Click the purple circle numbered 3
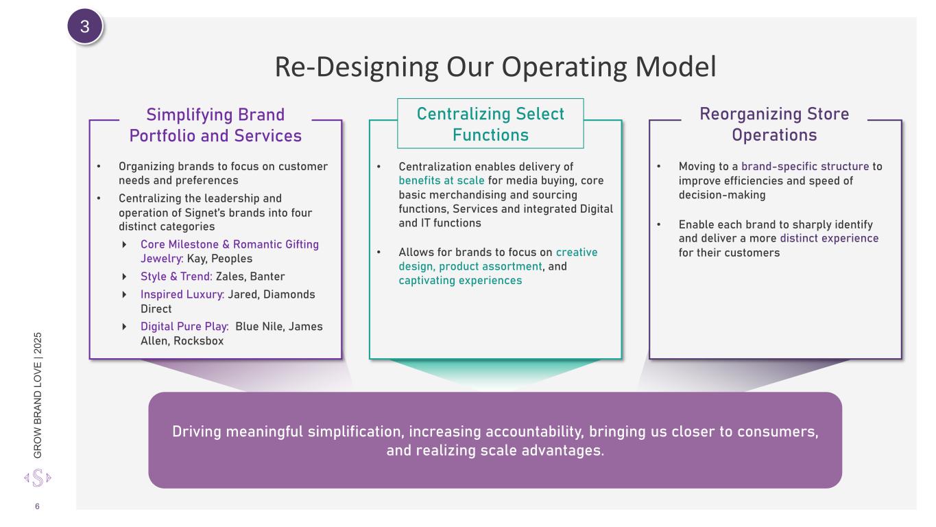[85, 26]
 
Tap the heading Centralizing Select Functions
[490, 124]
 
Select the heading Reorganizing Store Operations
[774, 124]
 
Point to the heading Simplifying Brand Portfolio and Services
[215, 125]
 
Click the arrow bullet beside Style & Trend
[124, 277]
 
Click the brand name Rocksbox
[198, 341]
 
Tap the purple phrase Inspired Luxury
[182, 294]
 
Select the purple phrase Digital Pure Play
[184, 327]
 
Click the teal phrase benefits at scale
[442, 180]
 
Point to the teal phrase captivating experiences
[460, 281]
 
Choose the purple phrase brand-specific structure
[805, 167]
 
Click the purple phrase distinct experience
[829, 238]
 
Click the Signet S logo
[38, 478]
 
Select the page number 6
[37, 506]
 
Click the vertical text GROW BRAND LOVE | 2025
[38, 395]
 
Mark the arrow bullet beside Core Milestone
[124, 244]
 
